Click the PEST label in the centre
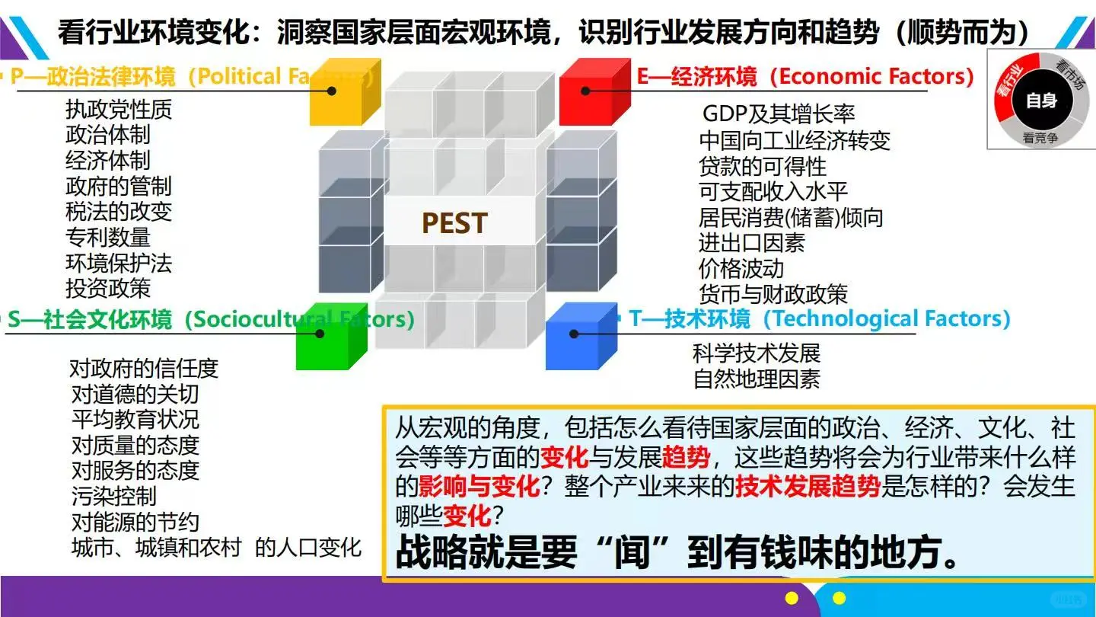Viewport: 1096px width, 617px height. [x=454, y=223]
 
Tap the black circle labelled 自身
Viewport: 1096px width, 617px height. [x=1041, y=100]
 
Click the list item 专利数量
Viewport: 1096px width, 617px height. [x=108, y=238]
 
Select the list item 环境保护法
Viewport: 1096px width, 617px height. [x=119, y=264]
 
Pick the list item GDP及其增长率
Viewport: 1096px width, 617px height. [x=778, y=115]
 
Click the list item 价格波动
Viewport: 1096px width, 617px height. [x=741, y=269]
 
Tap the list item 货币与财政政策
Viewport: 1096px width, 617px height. [x=773, y=295]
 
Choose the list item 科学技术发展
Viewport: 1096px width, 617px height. [x=757, y=353]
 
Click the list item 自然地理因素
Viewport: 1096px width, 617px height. [x=757, y=379]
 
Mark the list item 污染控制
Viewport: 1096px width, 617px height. [x=113, y=497]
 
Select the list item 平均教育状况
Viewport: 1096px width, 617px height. [x=135, y=420]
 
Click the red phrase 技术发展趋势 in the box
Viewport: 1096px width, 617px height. [x=808, y=488]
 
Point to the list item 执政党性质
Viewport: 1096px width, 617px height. [x=119, y=110]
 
